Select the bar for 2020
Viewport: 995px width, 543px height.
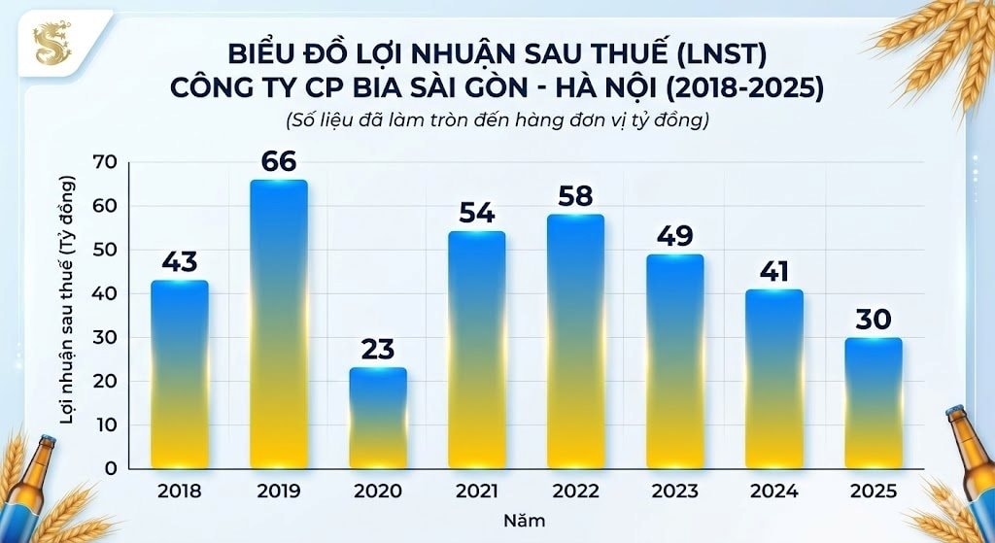(x=378, y=418)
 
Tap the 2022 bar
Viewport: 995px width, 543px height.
(x=575, y=341)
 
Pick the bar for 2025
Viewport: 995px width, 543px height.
(x=873, y=402)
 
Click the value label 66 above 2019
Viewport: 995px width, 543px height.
(x=278, y=161)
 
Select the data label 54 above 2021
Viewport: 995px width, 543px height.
(x=476, y=213)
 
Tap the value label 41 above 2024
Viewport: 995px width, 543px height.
(x=773, y=271)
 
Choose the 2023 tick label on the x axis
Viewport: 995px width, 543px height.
(x=674, y=490)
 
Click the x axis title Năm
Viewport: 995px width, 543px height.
(x=524, y=520)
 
